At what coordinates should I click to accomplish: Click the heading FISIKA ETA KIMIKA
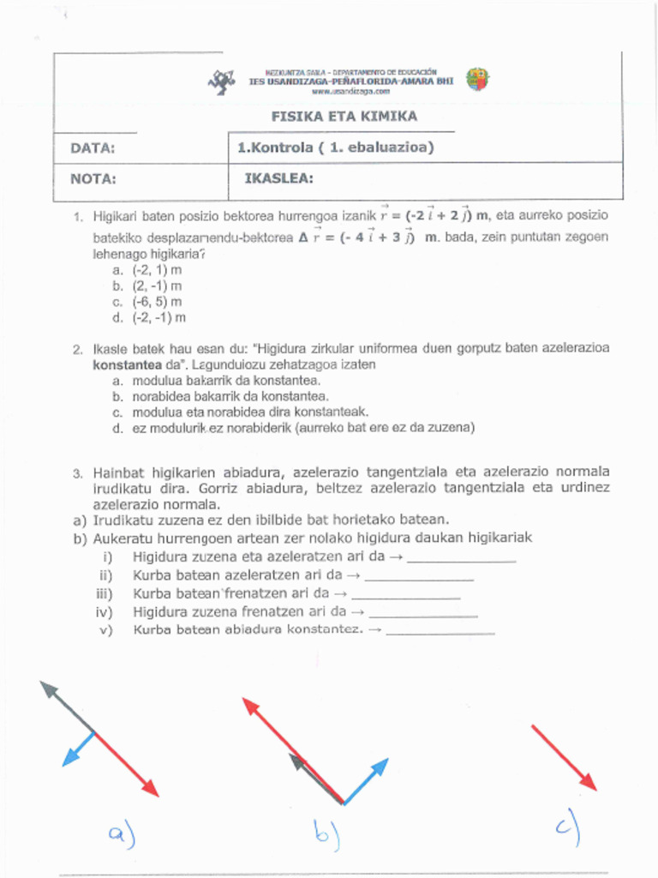[344, 117]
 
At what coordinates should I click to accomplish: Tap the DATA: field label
[93, 148]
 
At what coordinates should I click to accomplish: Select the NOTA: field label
[93, 179]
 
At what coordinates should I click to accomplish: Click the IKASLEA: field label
[279, 178]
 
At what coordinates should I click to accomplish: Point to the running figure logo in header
[222, 81]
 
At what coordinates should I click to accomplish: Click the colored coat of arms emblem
[477, 80]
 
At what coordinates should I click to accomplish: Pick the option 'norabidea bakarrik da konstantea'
[230, 396]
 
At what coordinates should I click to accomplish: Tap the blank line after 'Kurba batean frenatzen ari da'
[406, 596]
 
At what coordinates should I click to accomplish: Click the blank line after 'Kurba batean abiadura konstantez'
[440, 633]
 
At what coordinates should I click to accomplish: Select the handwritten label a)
[122, 833]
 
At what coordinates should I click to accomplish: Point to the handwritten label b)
[326, 833]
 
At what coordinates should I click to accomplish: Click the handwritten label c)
[567, 827]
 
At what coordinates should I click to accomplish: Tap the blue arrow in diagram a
[78, 749]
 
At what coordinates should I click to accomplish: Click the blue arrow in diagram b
[366, 780]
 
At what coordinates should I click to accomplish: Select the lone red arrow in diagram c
[563, 757]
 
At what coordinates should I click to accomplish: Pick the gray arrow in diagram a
[66, 707]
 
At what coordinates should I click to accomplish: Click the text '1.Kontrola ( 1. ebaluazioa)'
[336, 147]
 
